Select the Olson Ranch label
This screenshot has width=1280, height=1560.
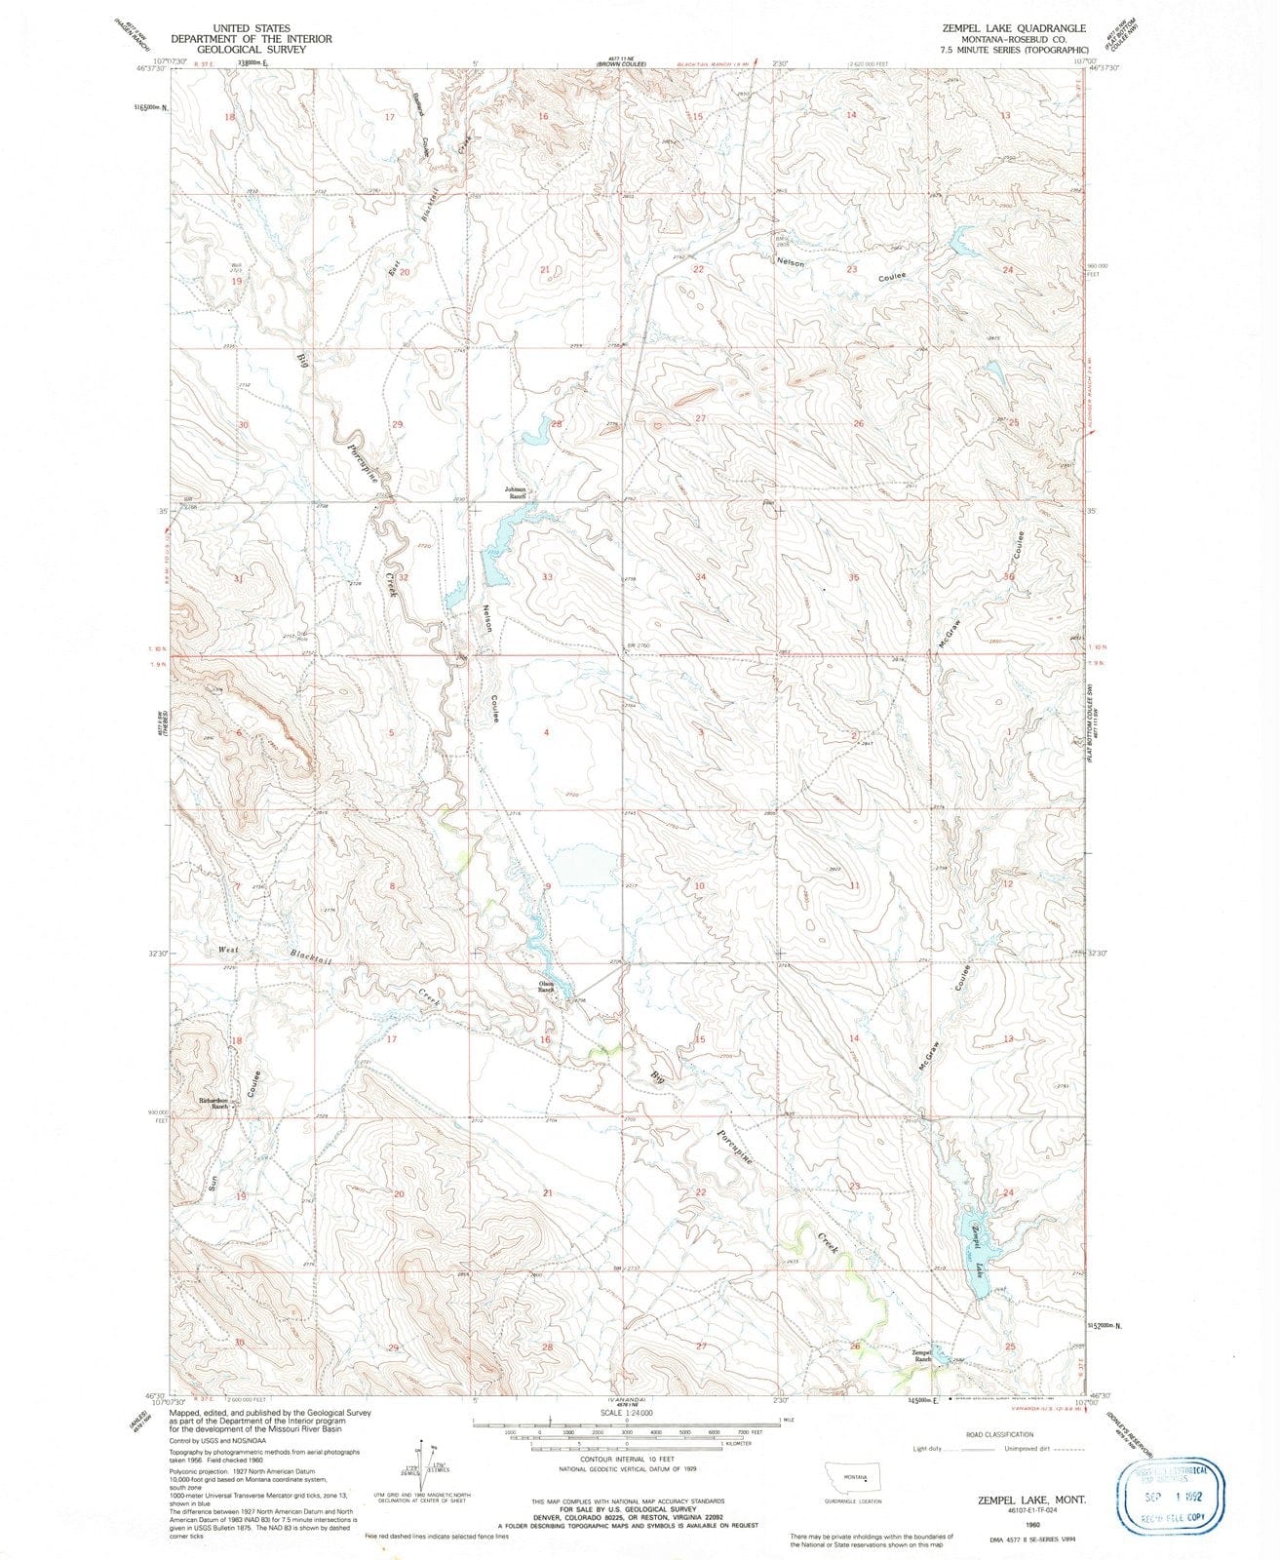click(x=547, y=988)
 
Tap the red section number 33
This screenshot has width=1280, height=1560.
click(x=547, y=577)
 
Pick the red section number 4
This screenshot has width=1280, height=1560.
click(x=547, y=731)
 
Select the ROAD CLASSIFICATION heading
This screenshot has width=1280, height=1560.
click(x=999, y=1434)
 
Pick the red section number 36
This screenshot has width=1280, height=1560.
click(x=1010, y=577)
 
